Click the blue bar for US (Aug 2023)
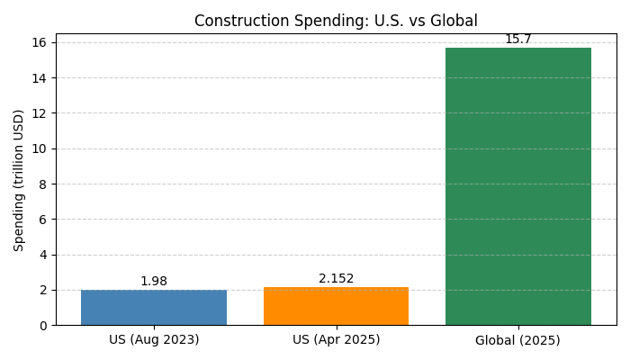(x=154, y=308)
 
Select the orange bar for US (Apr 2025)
(x=336, y=306)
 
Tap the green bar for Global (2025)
(x=518, y=186)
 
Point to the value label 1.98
(x=154, y=282)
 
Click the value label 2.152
(x=336, y=279)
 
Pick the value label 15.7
(x=518, y=40)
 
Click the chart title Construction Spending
(x=336, y=21)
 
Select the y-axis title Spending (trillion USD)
(x=19, y=180)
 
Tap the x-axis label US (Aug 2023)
(x=154, y=340)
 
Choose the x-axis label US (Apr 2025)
(x=336, y=340)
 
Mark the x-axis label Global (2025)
(x=518, y=340)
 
